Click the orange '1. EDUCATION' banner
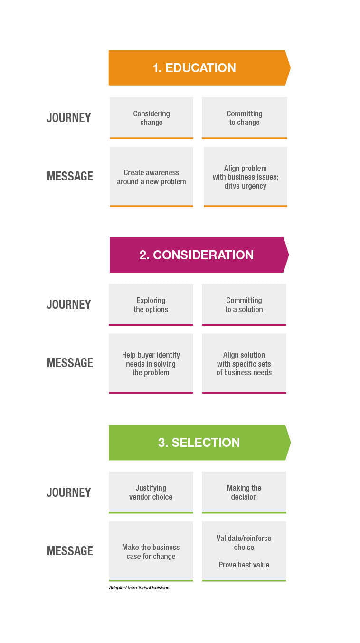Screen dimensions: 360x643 click(x=199, y=68)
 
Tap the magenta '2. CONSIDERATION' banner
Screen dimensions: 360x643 click(x=199, y=255)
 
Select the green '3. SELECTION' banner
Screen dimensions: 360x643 click(x=199, y=442)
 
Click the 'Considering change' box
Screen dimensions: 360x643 click(x=152, y=118)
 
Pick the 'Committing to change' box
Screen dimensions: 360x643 click(x=244, y=118)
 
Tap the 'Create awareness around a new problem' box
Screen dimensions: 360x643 click(x=152, y=177)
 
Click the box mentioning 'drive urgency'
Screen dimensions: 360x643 click(x=246, y=177)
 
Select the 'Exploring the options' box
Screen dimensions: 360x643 click(x=151, y=304)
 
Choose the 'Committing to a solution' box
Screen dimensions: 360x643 click(x=244, y=304)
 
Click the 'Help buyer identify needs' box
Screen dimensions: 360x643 click(x=151, y=363)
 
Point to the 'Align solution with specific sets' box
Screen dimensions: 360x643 click(x=244, y=363)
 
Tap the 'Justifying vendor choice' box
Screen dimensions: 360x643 click(x=151, y=492)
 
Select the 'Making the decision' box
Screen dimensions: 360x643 click(x=244, y=492)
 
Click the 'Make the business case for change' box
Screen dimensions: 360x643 click(x=151, y=551)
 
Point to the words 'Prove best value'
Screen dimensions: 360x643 click(x=244, y=565)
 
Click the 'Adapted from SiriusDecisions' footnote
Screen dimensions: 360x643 click(x=139, y=587)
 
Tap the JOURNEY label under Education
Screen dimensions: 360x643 click(x=69, y=118)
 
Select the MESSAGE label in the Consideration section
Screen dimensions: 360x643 click(x=70, y=363)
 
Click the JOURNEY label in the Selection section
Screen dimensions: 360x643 click(x=69, y=492)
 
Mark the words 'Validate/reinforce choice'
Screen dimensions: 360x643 click(x=244, y=542)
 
